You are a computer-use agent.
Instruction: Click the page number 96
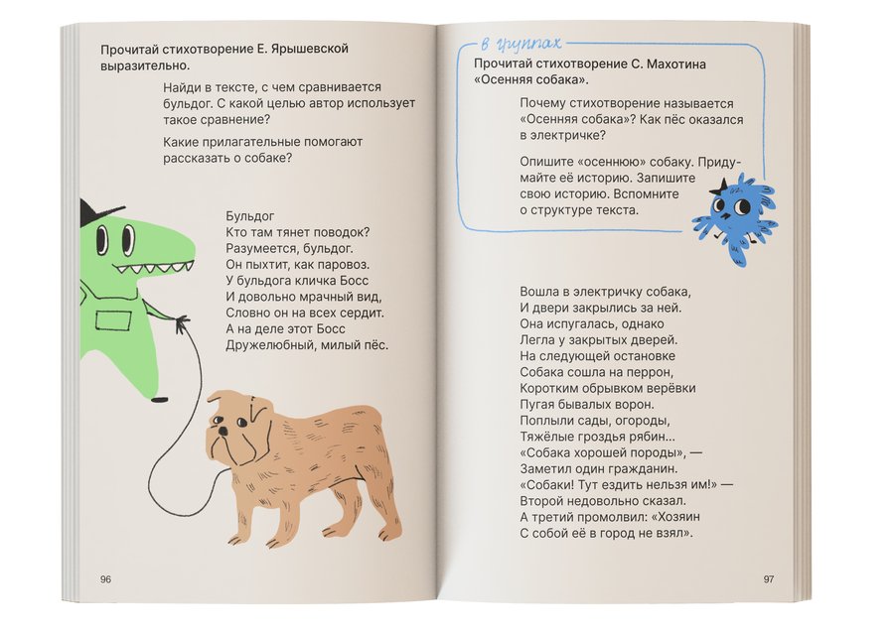coord(105,579)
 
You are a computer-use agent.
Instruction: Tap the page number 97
coord(768,579)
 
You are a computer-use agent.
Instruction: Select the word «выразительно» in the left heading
coord(146,64)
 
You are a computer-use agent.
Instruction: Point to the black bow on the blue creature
coord(717,188)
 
